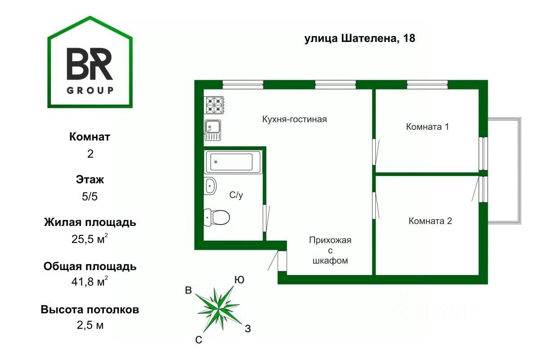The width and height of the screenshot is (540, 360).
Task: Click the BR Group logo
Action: coord(90,63)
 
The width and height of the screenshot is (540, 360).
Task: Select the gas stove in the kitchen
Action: coord(215,105)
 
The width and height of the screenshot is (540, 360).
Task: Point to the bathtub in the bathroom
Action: coord(234,162)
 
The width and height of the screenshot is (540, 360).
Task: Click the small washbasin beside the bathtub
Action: coord(210,185)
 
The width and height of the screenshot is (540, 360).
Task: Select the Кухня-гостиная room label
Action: coord(294,119)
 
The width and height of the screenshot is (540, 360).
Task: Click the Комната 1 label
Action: coord(427,126)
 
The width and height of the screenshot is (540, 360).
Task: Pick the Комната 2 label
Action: coord(430,221)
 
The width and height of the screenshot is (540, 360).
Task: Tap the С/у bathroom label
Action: coord(236,195)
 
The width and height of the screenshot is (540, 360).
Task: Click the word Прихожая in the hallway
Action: coord(330,240)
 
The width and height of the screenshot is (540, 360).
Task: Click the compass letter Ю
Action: coord(239,280)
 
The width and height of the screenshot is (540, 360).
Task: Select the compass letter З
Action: coord(247,328)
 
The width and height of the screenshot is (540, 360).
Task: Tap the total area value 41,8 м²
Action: coord(90,283)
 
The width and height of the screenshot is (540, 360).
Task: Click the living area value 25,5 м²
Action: coord(90,238)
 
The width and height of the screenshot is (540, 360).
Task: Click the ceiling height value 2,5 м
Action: coord(90,325)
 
